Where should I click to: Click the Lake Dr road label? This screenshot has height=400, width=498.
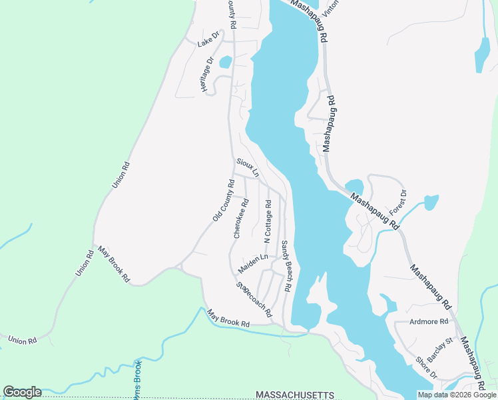click(208, 39)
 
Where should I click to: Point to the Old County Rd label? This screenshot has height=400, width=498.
click(224, 201)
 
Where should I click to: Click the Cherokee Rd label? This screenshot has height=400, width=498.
click(241, 218)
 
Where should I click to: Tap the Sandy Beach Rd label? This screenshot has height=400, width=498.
click(286, 266)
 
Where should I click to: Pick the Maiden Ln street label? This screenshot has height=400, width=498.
click(253, 263)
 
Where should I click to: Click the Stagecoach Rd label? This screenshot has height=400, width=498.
click(254, 299)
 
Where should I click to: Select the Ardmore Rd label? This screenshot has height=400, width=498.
click(430, 321)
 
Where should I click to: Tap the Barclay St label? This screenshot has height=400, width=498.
click(439, 350)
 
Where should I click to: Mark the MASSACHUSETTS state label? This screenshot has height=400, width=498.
click(295, 395)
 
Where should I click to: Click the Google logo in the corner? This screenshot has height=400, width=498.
click(22, 392)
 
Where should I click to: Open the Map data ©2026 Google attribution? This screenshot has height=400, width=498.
click(457, 395)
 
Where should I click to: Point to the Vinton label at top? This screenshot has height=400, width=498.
click(330, 7)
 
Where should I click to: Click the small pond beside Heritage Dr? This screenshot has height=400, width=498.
click(225, 62)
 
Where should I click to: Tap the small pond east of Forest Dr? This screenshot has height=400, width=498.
click(431, 201)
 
